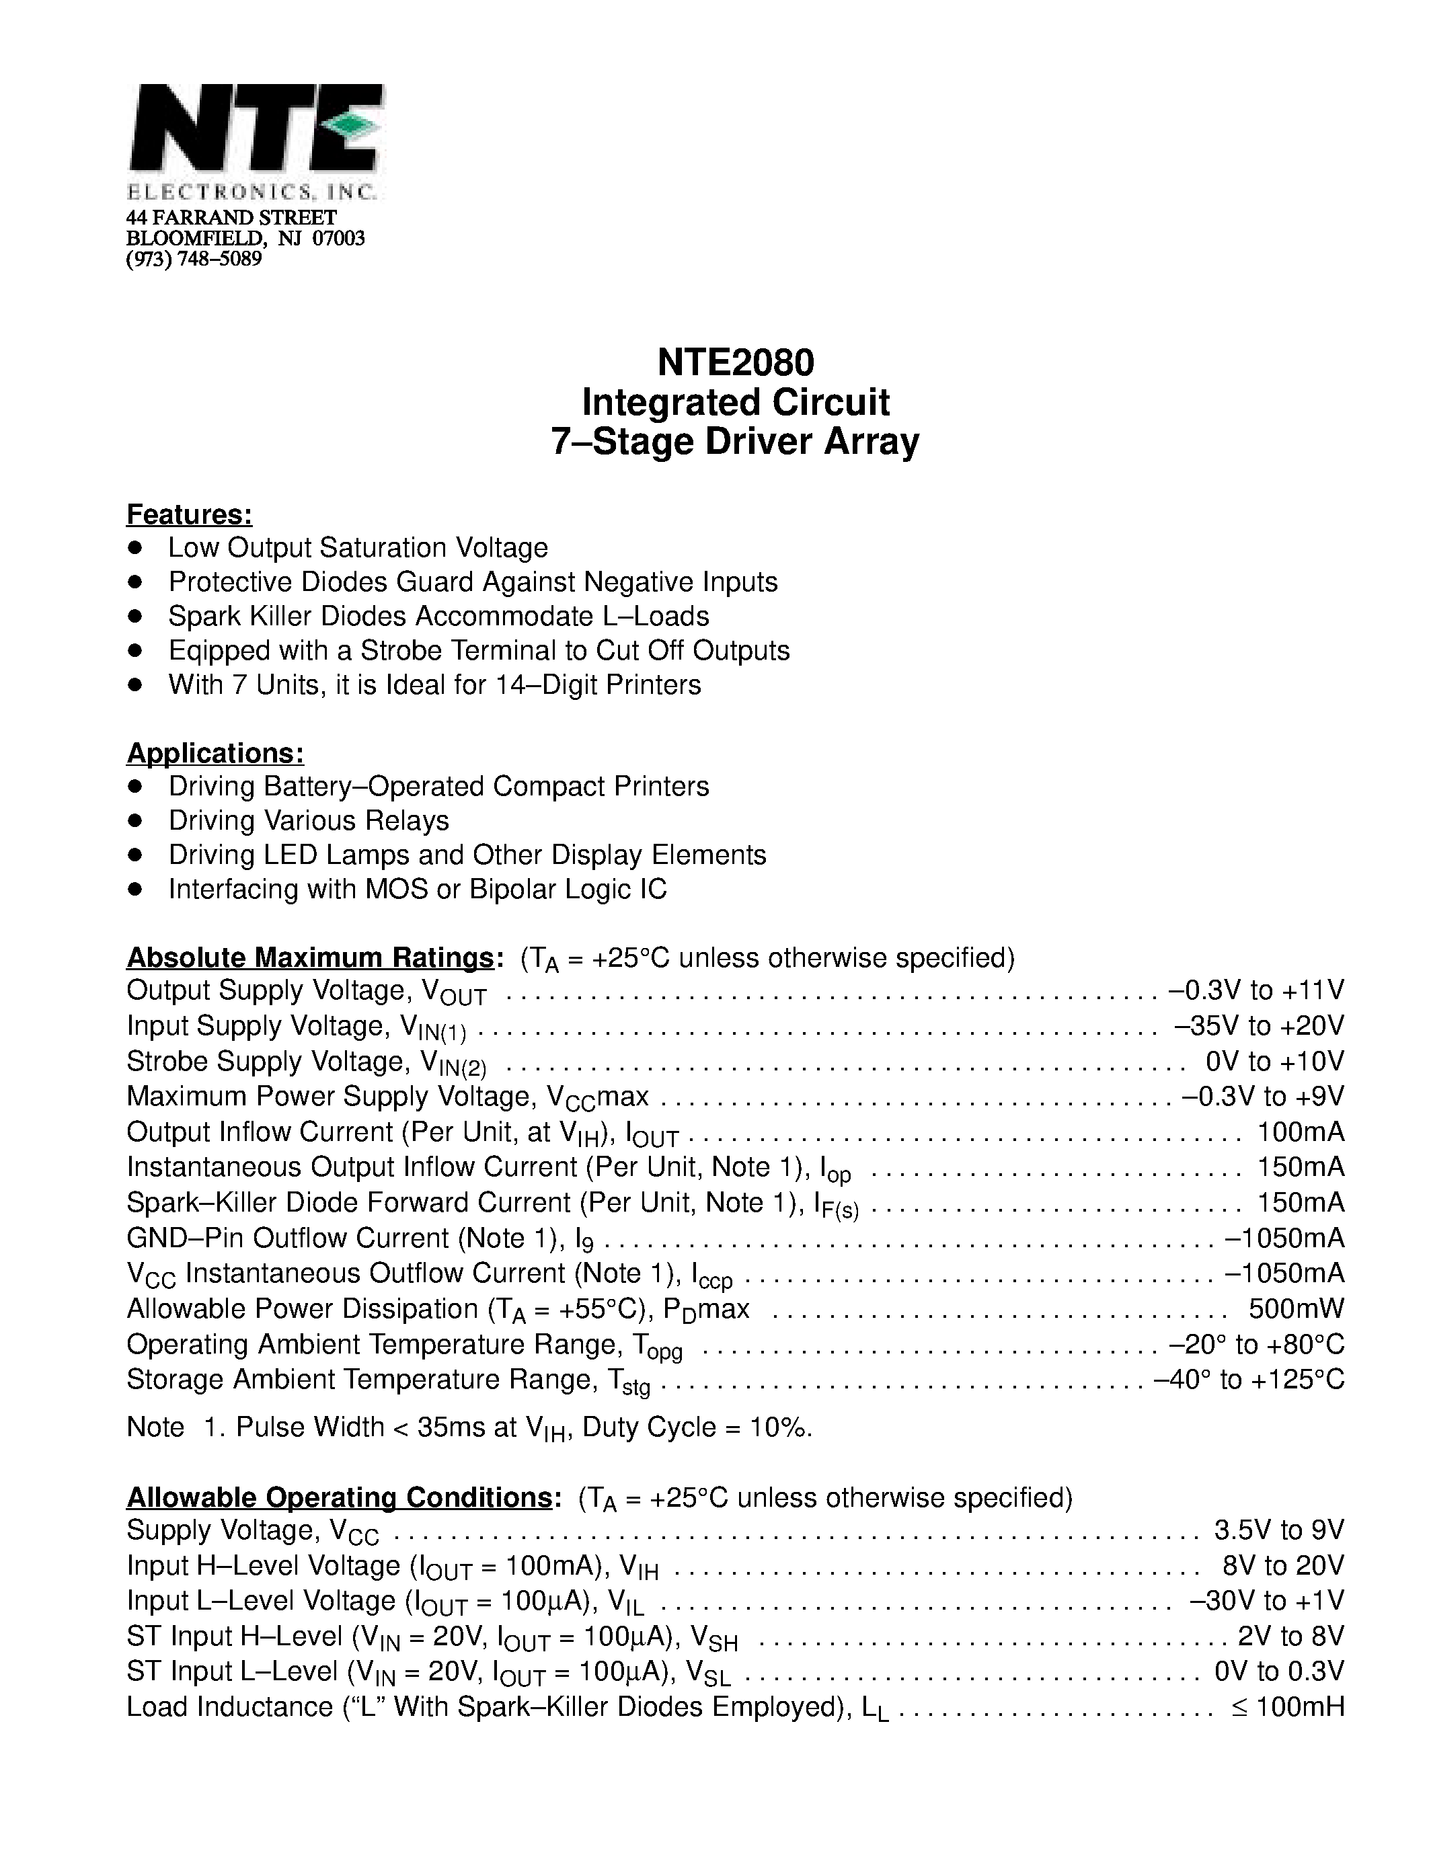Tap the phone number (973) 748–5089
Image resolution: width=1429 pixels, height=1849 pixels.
click(x=194, y=259)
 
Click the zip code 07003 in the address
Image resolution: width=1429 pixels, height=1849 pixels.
click(x=339, y=239)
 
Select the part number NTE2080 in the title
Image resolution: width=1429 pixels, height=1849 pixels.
click(x=735, y=362)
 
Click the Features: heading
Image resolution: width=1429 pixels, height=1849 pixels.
click(x=189, y=514)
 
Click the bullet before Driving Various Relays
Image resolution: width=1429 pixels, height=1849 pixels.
click(x=134, y=820)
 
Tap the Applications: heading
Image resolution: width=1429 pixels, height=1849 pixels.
click(x=215, y=752)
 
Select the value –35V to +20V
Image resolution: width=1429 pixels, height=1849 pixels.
click(x=1259, y=1025)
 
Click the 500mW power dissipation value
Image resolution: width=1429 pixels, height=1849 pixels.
click(x=1296, y=1309)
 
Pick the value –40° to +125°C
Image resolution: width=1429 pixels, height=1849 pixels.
click(x=1249, y=1380)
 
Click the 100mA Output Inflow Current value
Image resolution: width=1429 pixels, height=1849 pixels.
click(x=1301, y=1132)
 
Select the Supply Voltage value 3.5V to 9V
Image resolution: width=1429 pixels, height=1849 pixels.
click(x=1278, y=1530)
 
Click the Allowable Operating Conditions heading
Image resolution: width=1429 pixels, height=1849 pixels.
click(x=340, y=1497)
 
